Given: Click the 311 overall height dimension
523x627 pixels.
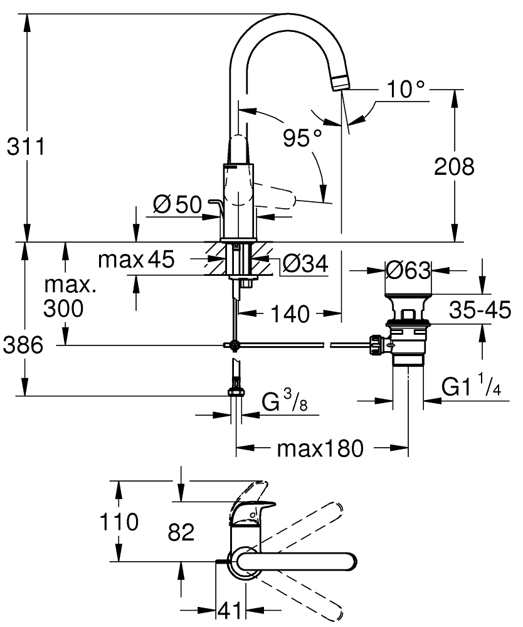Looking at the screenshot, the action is tap(26, 147).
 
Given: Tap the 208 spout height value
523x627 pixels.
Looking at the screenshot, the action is tap(454, 166).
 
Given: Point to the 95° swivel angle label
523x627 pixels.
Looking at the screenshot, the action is tap(302, 138).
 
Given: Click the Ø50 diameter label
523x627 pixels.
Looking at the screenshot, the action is tap(178, 205).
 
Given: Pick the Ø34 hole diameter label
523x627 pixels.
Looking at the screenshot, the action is tap(305, 263).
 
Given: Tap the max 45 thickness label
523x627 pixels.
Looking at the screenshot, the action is tap(136, 259).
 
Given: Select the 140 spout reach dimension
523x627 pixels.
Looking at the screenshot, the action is tap(290, 314).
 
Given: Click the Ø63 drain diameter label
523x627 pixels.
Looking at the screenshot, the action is tap(408, 271).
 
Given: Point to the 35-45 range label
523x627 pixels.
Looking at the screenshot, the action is tap(480, 310).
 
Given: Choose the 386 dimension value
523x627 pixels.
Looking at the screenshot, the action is tap(23, 345).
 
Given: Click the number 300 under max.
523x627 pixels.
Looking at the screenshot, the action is tap(63, 308).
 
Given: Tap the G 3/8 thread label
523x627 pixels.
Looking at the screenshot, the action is tap(284, 401).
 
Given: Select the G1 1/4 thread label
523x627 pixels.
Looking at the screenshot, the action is tap(472, 385).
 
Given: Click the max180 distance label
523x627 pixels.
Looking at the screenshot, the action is tap(320, 449).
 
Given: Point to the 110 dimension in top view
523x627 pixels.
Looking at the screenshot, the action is tap(119, 522).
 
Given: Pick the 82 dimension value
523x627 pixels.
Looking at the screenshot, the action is tap(181, 532).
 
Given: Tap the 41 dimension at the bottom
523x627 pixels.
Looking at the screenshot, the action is tap(230, 610).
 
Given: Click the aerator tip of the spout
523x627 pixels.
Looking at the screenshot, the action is tap(340, 82).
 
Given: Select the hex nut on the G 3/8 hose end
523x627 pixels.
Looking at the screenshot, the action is tap(236, 391).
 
